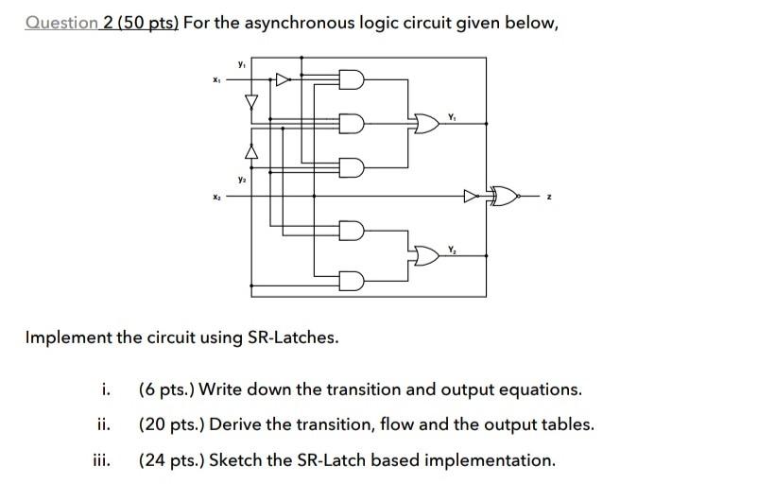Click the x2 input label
[216, 196]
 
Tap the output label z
[547, 196]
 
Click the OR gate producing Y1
[425, 122]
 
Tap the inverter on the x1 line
[283, 80]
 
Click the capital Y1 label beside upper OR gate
[453, 116]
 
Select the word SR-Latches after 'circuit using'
[287, 337]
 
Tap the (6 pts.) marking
[166, 389]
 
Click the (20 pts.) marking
[171, 424]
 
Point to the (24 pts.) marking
[171, 460]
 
